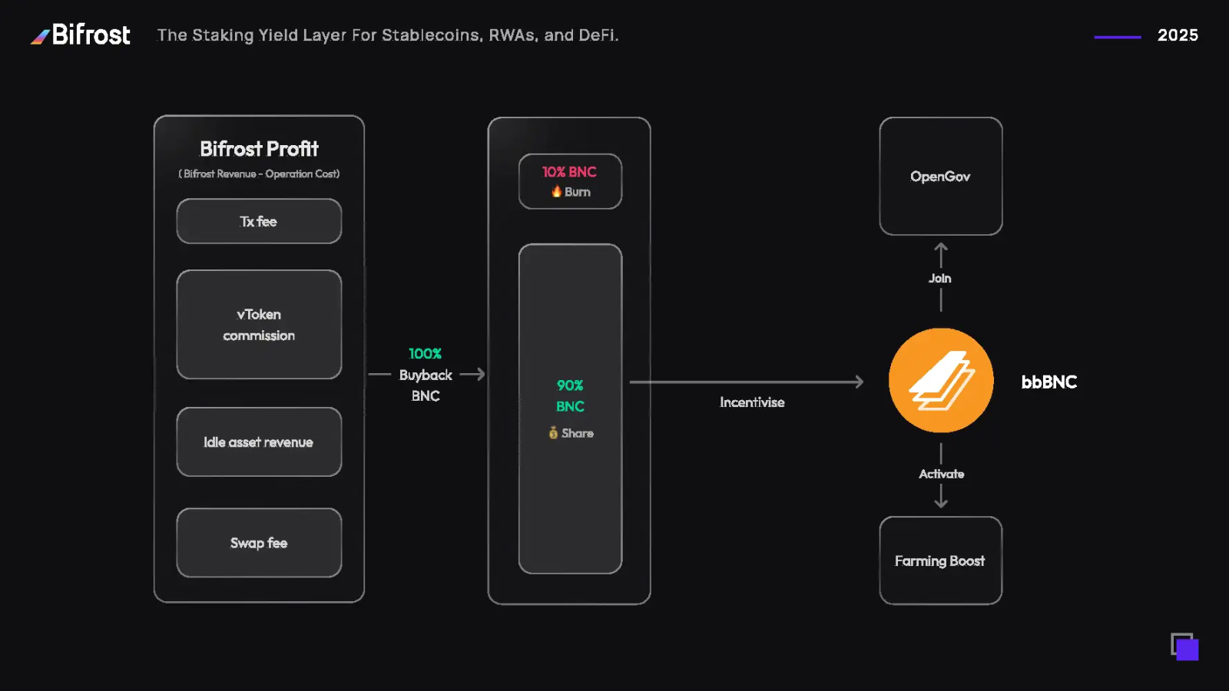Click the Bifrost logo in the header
click(x=81, y=35)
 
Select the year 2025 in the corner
click(x=1177, y=35)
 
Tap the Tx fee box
click(x=259, y=221)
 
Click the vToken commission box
click(x=259, y=324)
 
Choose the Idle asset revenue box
click(x=259, y=441)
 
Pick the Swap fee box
click(x=259, y=543)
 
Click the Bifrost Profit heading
click(x=259, y=148)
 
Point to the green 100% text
click(x=425, y=354)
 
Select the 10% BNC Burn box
click(x=570, y=181)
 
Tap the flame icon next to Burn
click(x=556, y=191)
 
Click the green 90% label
click(x=570, y=385)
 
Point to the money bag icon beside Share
click(x=553, y=433)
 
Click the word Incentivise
click(x=752, y=402)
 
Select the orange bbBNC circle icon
click(x=941, y=381)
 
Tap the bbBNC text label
click(x=1048, y=382)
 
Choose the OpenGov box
click(x=941, y=176)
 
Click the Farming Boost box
click(x=941, y=560)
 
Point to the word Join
click(x=939, y=278)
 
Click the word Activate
click(x=941, y=474)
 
